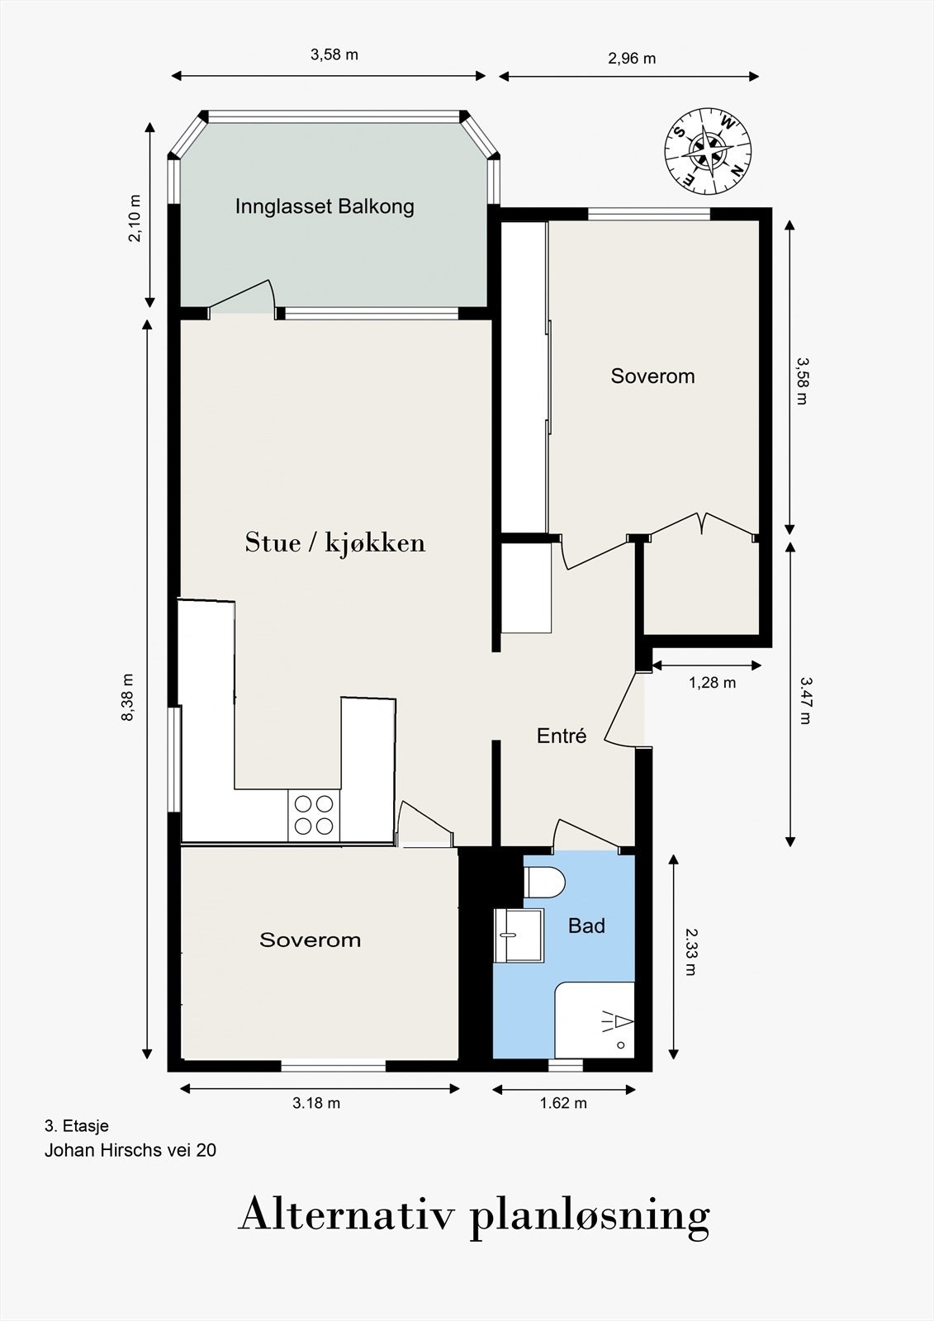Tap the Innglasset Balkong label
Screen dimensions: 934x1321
tap(325, 206)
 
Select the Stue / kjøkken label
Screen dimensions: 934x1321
tap(335, 542)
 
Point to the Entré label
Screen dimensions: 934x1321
tap(562, 736)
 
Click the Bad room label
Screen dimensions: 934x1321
tap(586, 926)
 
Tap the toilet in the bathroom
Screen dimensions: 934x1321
tap(544, 883)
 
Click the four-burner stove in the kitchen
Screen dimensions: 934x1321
tap(314, 815)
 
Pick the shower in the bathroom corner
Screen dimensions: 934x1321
tap(595, 1020)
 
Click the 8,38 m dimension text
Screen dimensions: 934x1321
tap(127, 697)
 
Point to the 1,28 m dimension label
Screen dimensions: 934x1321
tap(712, 683)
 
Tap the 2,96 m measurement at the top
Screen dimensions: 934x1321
tap(632, 59)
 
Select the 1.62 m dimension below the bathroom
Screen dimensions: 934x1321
tap(563, 1103)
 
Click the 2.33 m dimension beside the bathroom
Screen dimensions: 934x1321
tap(690, 952)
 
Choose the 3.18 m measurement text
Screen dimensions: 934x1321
tap(316, 1103)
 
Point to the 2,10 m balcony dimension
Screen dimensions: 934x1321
tap(135, 218)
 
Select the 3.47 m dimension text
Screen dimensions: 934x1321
tap(806, 700)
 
